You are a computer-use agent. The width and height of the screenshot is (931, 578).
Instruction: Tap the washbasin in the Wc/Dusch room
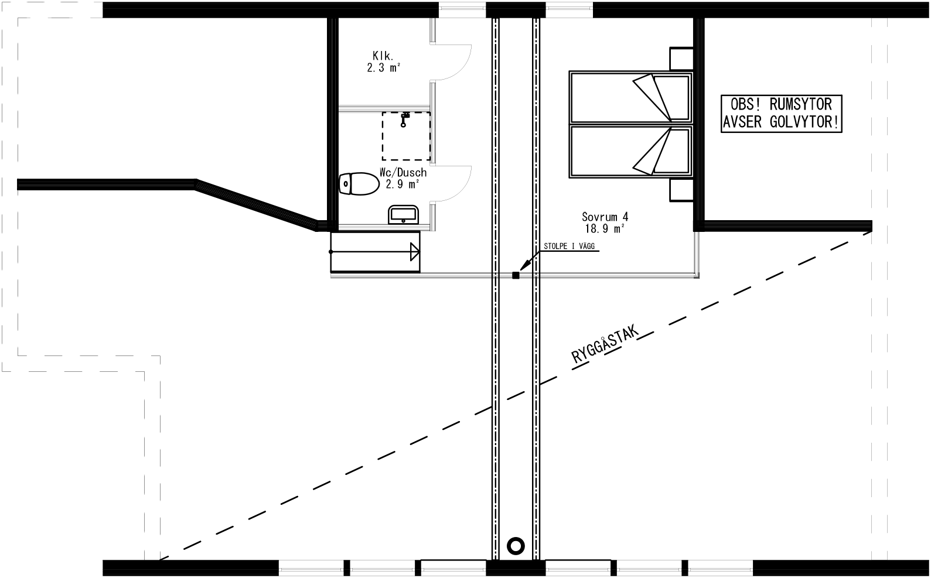[x=403, y=214]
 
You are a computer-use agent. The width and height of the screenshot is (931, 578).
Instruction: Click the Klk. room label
[x=383, y=56]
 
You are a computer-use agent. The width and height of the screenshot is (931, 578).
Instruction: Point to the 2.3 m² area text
[x=384, y=67]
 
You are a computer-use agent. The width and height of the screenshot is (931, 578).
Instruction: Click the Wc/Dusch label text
[x=403, y=173]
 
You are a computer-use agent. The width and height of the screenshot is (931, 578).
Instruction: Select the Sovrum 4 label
[x=605, y=216]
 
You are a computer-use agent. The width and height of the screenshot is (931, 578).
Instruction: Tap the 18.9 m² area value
[x=605, y=228]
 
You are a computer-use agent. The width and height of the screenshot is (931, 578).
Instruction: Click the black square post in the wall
[x=516, y=275]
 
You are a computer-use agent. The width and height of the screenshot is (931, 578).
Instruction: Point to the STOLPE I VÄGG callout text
[x=569, y=247]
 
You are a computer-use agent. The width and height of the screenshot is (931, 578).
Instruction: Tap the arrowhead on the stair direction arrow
[x=415, y=252]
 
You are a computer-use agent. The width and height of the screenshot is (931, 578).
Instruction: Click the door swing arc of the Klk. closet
[x=460, y=64]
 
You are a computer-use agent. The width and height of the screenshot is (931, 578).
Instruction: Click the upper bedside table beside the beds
[x=681, y=59]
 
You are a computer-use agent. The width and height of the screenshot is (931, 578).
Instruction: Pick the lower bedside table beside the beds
[x=681, y=189]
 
